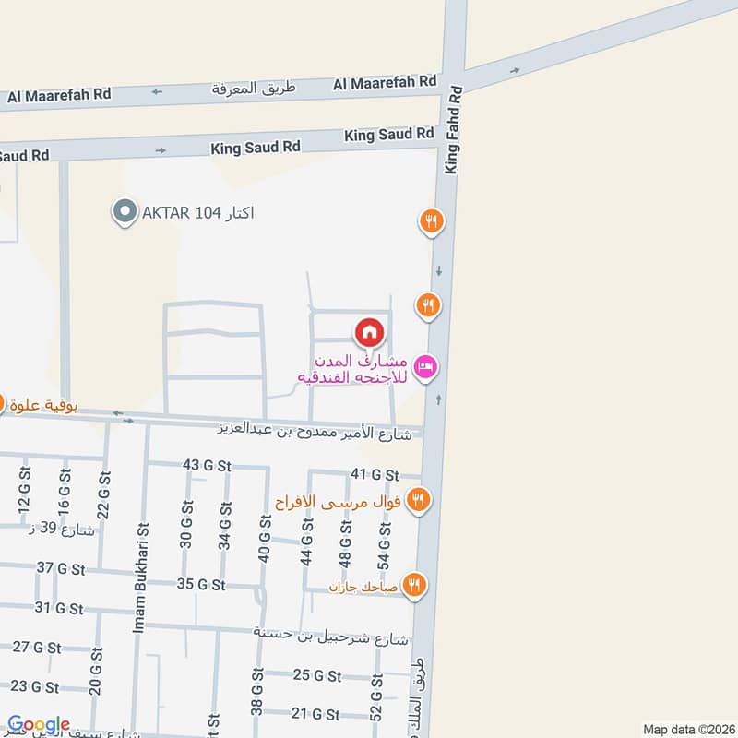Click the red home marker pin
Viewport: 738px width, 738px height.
click(369, 331)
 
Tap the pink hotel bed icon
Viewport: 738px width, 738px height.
click(425, 367)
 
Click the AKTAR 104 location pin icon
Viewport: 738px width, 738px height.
click(123, 213)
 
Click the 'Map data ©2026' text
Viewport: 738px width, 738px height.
click(687, 729)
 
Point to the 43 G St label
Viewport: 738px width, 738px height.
click(207, 465)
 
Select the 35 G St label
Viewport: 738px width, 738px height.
click(201, 584)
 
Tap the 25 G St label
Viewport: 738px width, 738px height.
click(317, 674)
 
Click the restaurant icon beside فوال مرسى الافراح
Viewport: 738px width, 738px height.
click(419, 499)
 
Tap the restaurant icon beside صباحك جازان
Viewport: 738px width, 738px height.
click(413, 584)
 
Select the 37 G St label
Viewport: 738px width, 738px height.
click(61, 567)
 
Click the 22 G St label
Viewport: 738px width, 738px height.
click(103, 494)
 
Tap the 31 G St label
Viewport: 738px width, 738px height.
click(59, 608)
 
